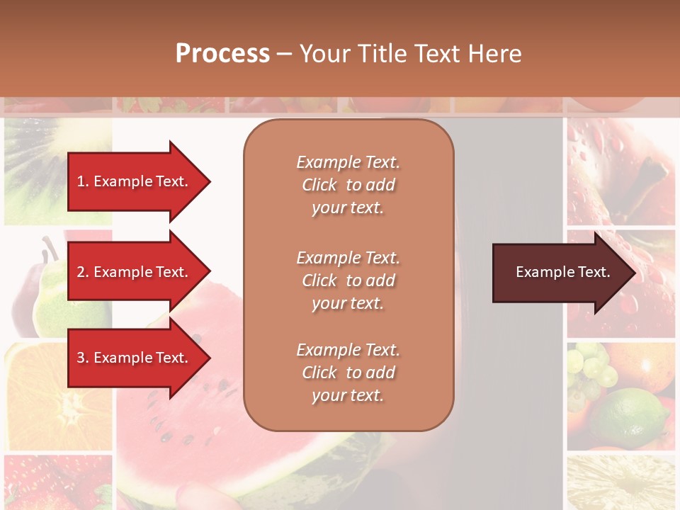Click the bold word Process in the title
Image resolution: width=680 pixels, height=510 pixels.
click(222, 54)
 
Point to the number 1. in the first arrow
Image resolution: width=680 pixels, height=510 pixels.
click(83, 181)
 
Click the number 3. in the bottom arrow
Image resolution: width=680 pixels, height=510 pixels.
click(83, 358)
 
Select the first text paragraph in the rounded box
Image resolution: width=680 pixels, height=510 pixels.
click(348, 185)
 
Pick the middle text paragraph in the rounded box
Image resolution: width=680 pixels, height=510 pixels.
click(348, 280)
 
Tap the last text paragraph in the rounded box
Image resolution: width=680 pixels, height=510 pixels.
click(348, 373)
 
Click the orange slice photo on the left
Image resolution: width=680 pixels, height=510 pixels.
click(57, 397)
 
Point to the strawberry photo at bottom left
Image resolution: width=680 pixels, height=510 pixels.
click(57, 482)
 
